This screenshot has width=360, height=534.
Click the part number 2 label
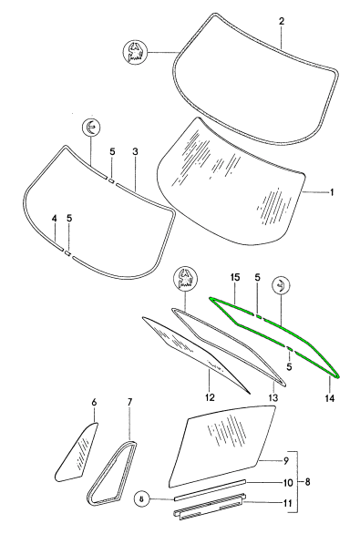282,21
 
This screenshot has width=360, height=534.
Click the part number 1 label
332,192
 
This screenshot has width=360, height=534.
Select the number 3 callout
135,151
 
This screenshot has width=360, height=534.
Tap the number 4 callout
55,219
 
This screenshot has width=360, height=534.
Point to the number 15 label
235,277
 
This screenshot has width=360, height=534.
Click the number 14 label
330,397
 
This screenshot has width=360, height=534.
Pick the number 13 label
273,397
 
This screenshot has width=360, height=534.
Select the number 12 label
210,397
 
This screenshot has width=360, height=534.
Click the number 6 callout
94,402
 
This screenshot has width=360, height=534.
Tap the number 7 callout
129,402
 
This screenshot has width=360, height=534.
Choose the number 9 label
286,460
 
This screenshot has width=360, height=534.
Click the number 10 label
288,483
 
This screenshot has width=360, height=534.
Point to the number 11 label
288,503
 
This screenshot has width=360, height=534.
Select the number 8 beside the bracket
307,482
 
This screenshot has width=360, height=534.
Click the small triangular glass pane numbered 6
76,452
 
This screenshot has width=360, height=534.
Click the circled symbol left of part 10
143,499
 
